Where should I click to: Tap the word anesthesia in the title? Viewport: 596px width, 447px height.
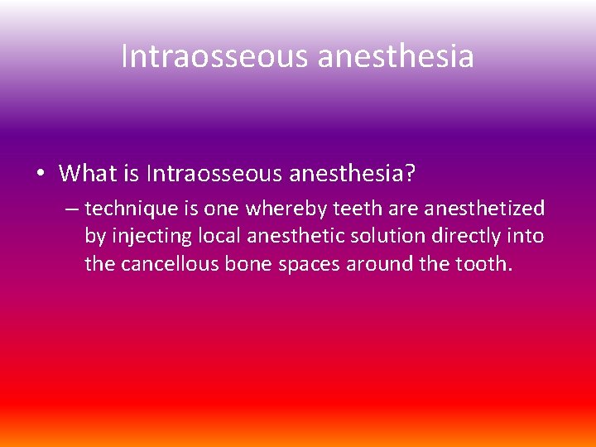tap(395, 57)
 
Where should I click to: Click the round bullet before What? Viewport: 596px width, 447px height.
tap(41, 174)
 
